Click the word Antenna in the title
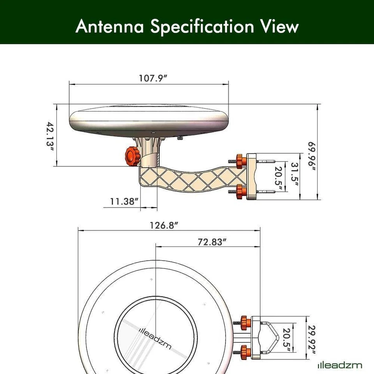[x=110, y=26]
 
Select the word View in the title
[x=279, y=26]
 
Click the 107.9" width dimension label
[x=153, y=78]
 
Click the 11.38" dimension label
[x=124, y=201]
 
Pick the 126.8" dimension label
[x=164, y=226]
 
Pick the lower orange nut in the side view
[x=241, y=191]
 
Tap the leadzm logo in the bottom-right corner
[x=339, y=365]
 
